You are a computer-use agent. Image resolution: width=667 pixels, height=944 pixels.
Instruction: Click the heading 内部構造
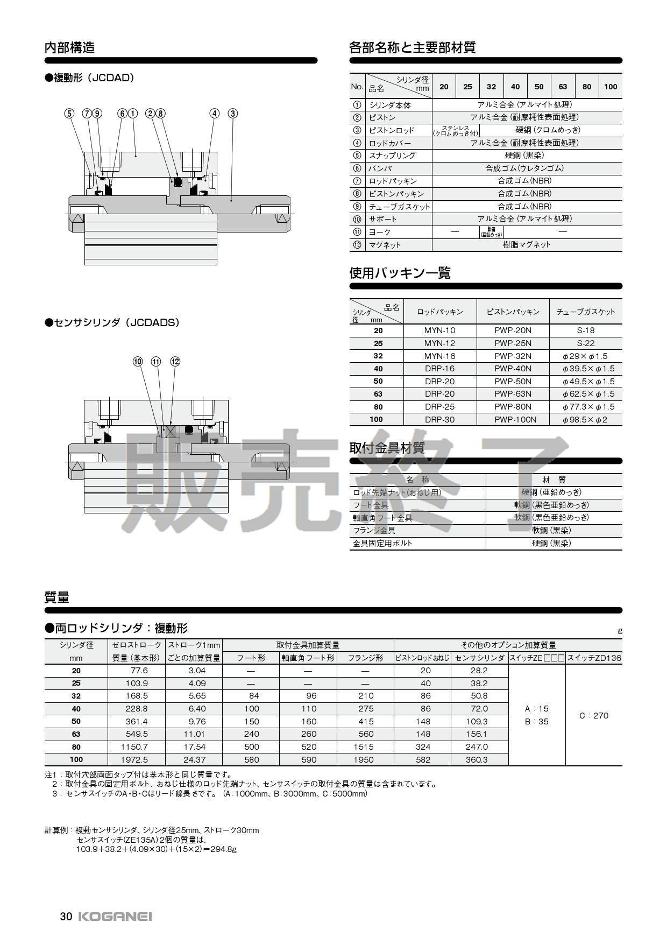(69, 47)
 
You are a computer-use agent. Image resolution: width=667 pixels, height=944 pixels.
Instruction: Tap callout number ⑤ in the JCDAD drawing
(69, 114)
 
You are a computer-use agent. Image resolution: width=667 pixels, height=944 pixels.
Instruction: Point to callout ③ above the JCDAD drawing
(232, 114)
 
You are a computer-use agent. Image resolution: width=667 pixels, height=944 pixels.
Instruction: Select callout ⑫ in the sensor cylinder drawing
(175, 362)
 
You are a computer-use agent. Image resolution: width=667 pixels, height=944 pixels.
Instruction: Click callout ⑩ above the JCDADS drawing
(138, 362)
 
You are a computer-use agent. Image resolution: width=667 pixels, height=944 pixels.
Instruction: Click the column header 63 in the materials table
(563, 87)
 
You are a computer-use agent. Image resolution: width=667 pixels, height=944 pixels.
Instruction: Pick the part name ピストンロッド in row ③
(392, 130)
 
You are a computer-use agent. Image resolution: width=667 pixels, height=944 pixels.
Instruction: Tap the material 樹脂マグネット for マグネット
(527, 245)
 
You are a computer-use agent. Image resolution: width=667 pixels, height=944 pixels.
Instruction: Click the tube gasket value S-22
(586, 343)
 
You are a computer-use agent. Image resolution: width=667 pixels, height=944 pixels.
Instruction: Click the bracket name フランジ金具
(374, 531)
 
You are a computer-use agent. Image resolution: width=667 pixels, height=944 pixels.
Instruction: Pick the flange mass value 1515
(365, 747)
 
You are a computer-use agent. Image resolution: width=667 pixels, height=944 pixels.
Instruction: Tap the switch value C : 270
(594, 716)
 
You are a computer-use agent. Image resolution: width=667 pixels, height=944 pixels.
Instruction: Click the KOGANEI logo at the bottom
(115, 917)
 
